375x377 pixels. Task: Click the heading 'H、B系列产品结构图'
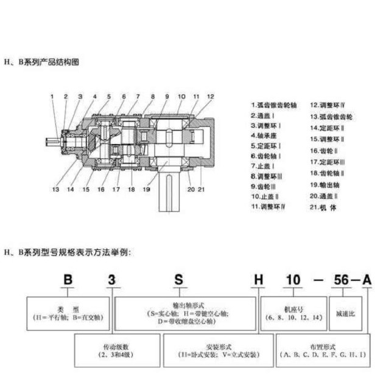point(42,62)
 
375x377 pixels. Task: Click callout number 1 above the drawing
point(52,97)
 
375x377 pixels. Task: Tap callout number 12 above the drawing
point(210,97)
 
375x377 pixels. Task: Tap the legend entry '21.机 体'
point(328,207)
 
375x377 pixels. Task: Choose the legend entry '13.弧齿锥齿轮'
point(333,116)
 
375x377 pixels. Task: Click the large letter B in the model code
point(68,280)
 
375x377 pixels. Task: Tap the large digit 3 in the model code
point(111,280)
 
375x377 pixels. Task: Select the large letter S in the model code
point(178,280)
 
